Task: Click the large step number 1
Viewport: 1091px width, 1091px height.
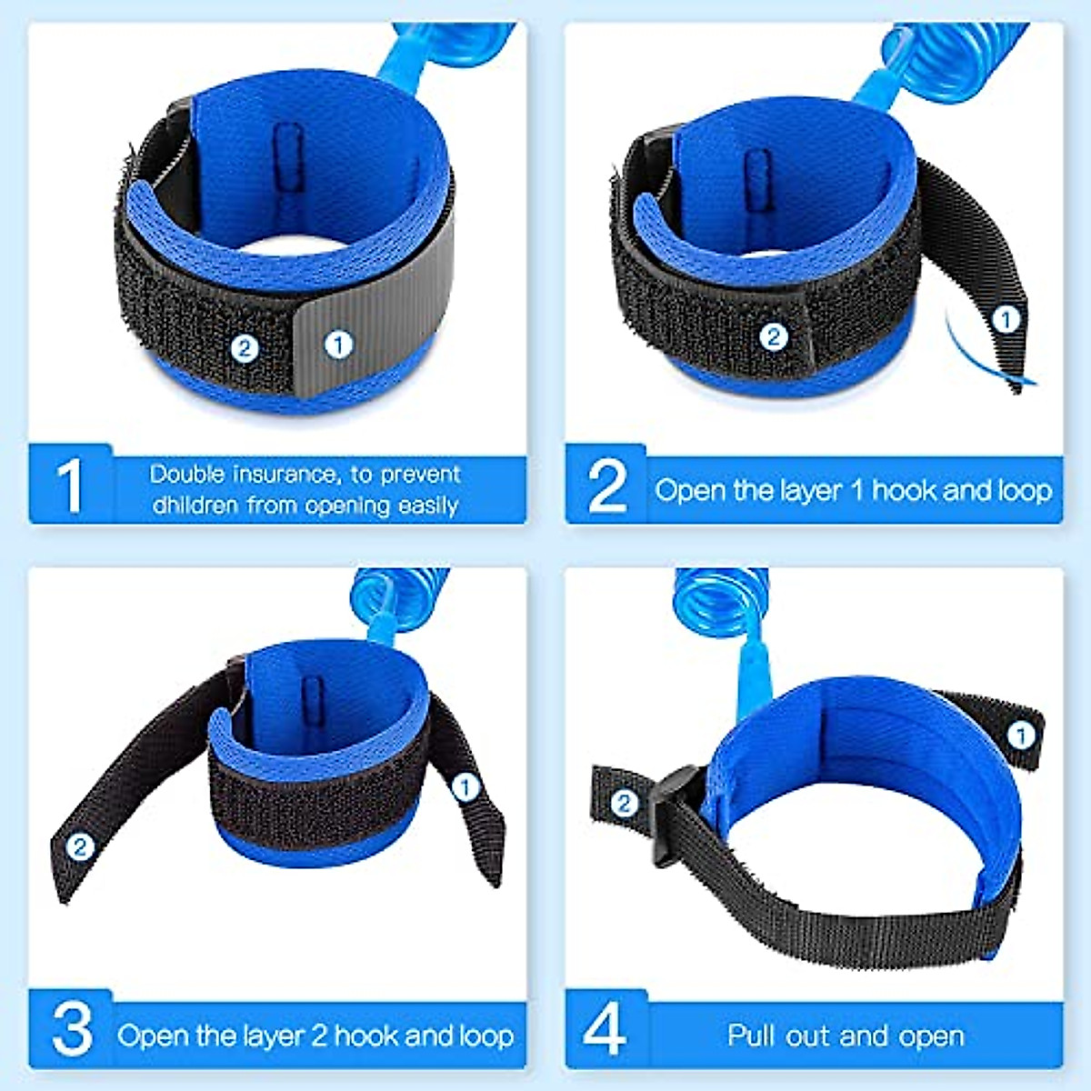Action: click(x=69, y=485)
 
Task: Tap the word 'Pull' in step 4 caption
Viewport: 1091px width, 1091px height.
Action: click(x=751, y=1036)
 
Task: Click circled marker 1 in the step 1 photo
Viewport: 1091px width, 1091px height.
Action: click(x=338, y=345)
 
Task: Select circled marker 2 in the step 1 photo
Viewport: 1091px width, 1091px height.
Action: click(x=245, y=347)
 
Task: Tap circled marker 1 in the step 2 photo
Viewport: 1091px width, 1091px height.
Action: click(x=1005, y=319)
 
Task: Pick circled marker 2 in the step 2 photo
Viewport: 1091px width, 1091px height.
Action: click(x=773, y=337)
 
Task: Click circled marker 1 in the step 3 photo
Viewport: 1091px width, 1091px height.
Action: click(x=465, y=786)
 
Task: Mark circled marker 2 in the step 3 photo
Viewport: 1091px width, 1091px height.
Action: click(x=80, y=847)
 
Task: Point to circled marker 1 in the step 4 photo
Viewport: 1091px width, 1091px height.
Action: click(x=1021, y=735)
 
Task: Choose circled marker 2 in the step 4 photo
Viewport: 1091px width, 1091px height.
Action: click(x=624, y=803)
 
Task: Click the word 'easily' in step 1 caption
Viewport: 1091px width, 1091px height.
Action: click(x=428, y=505)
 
